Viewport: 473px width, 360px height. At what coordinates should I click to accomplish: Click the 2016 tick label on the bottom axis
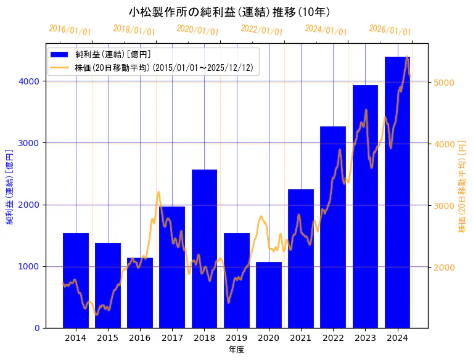click(140, 338)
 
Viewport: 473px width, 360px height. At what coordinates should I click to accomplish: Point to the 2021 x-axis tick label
click(301, 338)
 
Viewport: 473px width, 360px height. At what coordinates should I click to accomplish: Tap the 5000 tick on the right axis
click(444, 83)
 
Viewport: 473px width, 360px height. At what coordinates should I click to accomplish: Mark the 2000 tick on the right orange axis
click(444, 267)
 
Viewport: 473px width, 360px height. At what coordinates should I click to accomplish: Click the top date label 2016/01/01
click(70, 30)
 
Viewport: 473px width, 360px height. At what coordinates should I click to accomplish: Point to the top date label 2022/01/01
click(262, 30)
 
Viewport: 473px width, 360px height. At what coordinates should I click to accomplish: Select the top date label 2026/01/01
click(390, 30)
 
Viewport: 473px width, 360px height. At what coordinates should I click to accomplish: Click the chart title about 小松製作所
click(229, 12)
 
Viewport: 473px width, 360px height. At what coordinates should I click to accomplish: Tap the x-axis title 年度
click(236, 350)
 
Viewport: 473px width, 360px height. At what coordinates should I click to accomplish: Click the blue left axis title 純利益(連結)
click(9, 186)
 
